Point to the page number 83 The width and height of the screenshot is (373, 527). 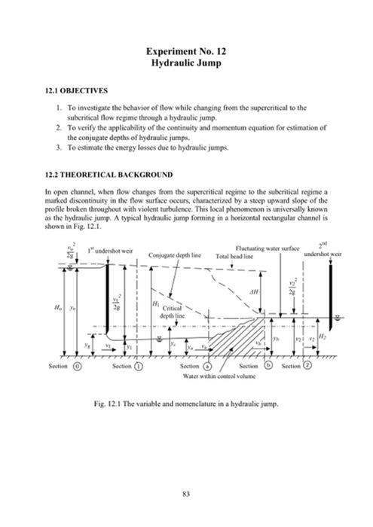click(186, 493)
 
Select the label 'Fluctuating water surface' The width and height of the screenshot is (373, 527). click(267, 247)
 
